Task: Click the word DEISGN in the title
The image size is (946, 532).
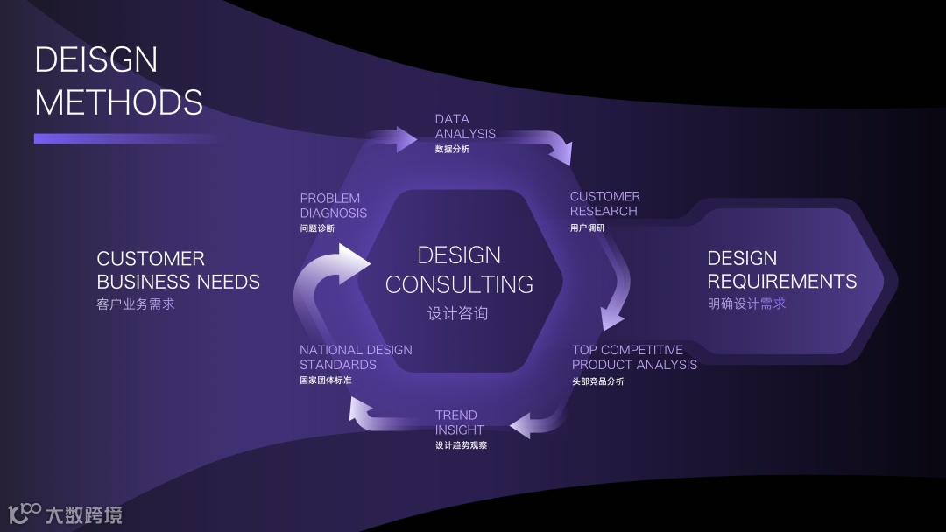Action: [96, 59]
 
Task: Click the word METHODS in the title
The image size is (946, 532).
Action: [118, 102]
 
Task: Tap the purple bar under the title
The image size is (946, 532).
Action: [123, 138]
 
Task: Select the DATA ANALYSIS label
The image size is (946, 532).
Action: [465, 127]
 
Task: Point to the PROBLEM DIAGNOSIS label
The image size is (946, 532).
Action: [333, 206]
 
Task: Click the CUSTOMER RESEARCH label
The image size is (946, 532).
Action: [604, 204]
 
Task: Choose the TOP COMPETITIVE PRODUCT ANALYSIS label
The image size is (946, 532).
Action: [634, 357]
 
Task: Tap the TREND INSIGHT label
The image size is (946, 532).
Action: [459, 423]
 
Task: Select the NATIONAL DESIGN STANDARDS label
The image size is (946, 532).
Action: [355, 357]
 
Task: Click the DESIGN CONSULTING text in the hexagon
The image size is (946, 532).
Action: [459, 269]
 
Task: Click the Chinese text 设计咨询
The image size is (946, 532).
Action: [457, 313]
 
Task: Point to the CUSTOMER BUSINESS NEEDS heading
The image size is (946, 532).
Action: [178, 270]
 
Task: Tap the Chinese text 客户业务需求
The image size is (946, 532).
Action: [136, 304]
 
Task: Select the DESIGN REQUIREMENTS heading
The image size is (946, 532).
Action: [781, 269]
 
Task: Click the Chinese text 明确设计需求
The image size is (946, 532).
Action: [746, 304]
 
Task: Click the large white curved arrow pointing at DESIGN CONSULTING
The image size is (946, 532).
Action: [328, 280]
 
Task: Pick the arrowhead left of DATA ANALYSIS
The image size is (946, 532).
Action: [405, 138]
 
